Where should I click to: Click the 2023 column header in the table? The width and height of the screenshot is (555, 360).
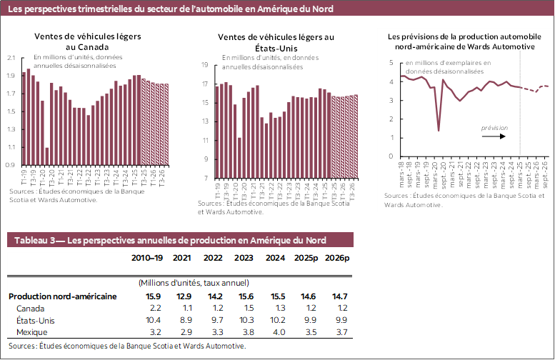click(x=244, y=258)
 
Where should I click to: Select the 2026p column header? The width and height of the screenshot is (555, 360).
click(x=336, y=258)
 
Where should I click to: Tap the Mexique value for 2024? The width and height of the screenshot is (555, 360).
click(x=275, y=332)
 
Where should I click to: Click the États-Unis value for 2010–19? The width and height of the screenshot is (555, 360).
click(x=153, y=320)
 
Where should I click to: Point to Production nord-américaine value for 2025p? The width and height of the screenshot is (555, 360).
click(x=306, y=296)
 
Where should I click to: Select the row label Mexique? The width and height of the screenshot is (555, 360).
click(x=32, y=332)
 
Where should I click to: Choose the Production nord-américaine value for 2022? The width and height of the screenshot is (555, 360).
click(x=214, y=296)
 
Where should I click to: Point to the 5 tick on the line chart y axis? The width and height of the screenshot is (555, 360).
click(x=391, y=63)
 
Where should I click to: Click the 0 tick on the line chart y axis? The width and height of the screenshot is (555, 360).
click(x=391, y=156)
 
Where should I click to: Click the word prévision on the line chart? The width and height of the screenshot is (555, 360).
click(x=494, y=128)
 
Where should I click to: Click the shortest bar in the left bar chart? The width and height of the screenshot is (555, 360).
click(x=47, y=156)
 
